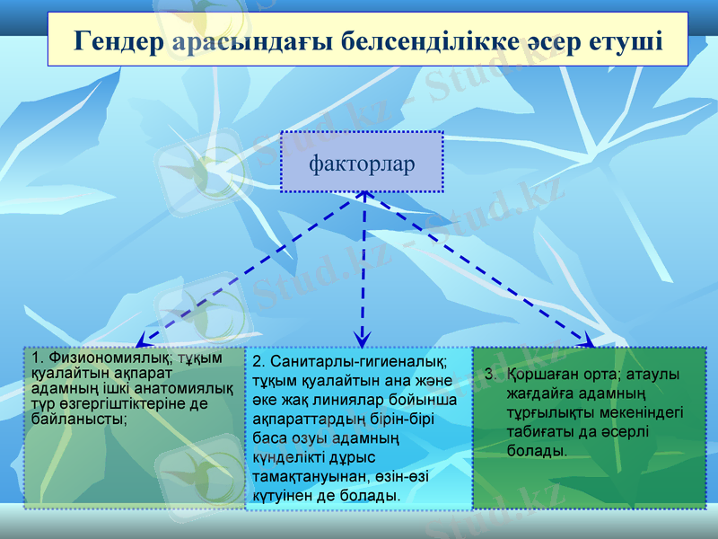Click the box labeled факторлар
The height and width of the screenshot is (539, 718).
(362, 163)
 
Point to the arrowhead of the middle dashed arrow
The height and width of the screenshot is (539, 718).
(362, 340)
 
